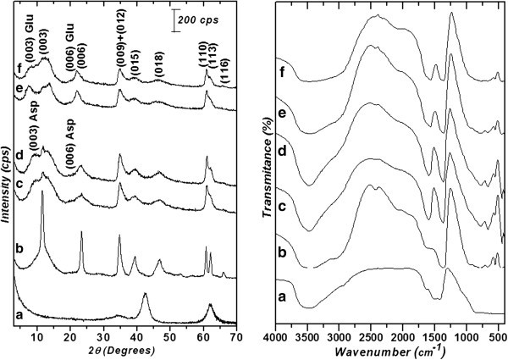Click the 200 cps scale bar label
tap(200, 18)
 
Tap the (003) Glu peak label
tap(27, 31)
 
